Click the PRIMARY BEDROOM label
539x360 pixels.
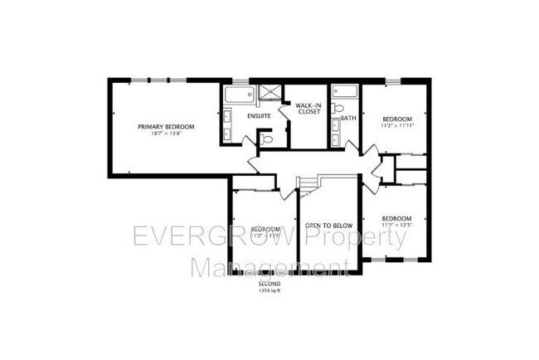point(166,126)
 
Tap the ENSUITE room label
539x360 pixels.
point(260,116)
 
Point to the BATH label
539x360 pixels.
point(348,118)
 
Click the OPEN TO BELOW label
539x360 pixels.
point(329,225)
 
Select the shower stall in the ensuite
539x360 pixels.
point(269,93)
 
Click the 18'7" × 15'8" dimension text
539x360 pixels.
point(166,134)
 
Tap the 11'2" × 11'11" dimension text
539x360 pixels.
point(396,126)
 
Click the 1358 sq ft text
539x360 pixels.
point(270,289)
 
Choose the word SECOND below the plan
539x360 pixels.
point(270,283)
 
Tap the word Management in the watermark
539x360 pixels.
point(269,267)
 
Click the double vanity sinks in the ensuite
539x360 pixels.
point(227,124)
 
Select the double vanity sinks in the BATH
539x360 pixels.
point(335,133)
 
